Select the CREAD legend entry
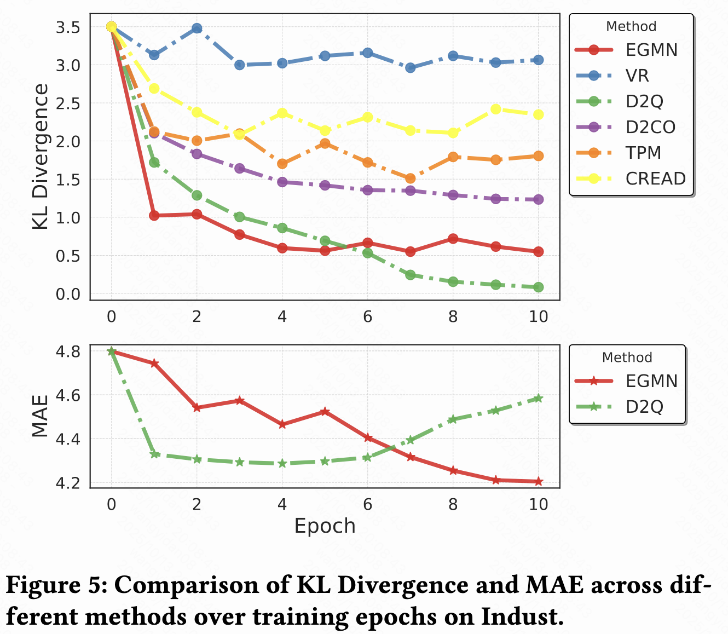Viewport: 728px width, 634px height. (x=655, y=178)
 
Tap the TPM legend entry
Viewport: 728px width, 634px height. (x=644, y=153)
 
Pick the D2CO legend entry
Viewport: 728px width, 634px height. (x=650, y=127)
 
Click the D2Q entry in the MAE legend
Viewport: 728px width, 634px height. (x=644, y=407)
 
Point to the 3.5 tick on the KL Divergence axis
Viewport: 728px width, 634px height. (x=68, y=27)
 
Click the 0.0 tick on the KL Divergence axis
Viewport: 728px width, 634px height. (x=68, y=294)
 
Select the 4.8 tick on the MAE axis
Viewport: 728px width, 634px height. (x=68, y=351)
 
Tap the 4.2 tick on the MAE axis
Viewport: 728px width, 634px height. (x=68, y=483)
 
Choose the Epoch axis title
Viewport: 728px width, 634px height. (x=325, y=526)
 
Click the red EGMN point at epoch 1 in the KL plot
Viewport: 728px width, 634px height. (x=154, y=216)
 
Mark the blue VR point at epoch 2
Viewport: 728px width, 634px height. (x=197, y=28)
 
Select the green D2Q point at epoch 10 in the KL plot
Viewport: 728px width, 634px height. (x=538, y=287)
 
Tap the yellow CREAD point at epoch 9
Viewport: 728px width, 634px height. (x=495, y=109)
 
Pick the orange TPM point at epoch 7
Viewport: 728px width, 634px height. (x=410, y=178)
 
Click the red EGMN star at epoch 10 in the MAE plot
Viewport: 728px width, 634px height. (x=538, y=482)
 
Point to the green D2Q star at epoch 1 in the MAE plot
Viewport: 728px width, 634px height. (x=154, y=454)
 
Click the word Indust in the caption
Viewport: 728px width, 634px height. (x=521, y=617)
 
